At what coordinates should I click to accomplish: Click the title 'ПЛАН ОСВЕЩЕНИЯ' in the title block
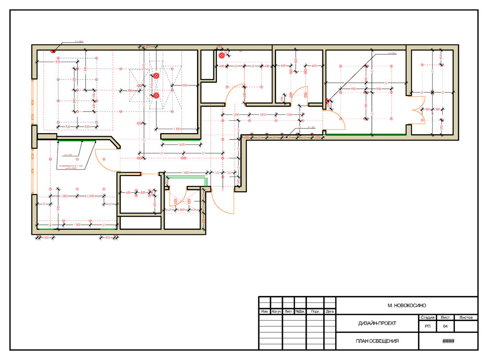point(378,341)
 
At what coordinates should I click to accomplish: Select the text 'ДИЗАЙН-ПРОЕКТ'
point(378,324)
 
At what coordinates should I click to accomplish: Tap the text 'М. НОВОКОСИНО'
point(407,306)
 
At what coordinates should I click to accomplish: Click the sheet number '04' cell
point(445,326)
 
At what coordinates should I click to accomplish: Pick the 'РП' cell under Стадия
point(426,326)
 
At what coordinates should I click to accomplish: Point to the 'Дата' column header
point(330,312)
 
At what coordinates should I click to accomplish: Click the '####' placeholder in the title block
point(448,341)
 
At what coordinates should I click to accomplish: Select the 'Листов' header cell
point(466,318)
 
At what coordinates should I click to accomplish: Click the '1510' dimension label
point(57,62)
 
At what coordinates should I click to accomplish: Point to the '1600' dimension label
point(185,173)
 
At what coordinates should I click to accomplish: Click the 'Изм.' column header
point(265,312)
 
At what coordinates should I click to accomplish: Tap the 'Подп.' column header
point(315,312)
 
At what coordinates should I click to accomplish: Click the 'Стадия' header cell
point(426,318)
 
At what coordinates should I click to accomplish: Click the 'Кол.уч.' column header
point(277,312)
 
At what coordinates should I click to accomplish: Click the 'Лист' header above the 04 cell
point(445,318)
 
